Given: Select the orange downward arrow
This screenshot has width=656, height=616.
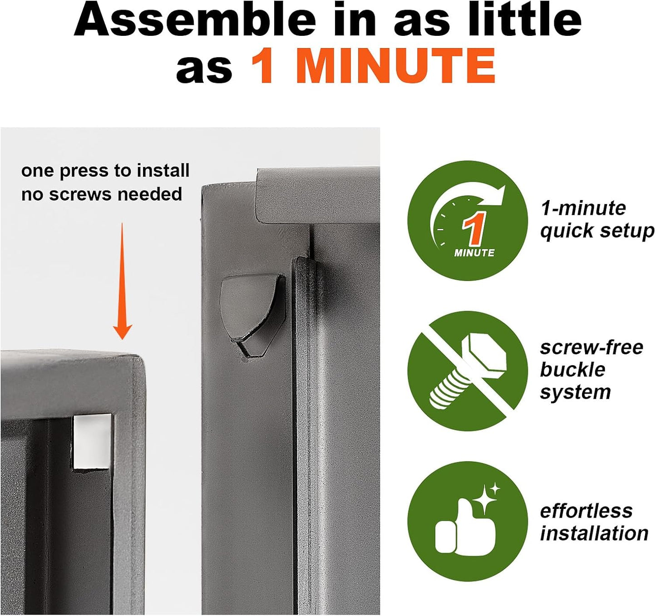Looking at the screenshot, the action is click(x=122, y=281).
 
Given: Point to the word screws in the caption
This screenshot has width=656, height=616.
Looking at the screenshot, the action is click(x=81, y=194).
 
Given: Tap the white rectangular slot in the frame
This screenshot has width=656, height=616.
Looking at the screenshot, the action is click(x=92, y=442).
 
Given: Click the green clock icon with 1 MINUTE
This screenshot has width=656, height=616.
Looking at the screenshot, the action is click(x=468, y=220).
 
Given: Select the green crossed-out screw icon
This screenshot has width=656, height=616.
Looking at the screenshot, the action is click(x=468, y=371).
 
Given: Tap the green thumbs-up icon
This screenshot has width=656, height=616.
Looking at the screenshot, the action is click(x=468, y=521).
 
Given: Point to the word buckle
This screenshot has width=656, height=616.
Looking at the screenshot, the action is click(x=573, y=370).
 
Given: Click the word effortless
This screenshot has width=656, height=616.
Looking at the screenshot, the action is click(x=586, y=511).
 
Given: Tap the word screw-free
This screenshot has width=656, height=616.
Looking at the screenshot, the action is click(x=592, y=347).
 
